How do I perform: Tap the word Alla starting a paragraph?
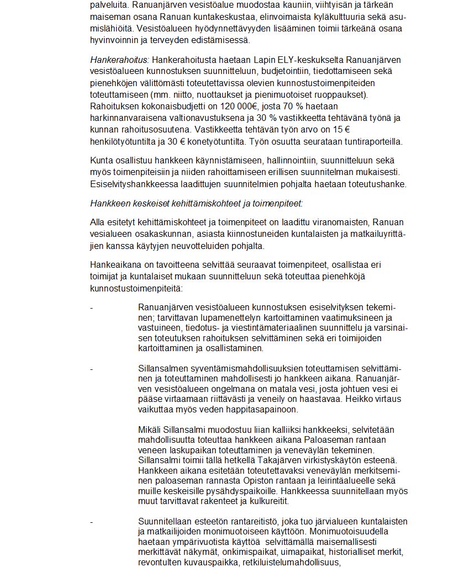[x=98, y=222]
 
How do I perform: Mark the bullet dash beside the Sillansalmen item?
[x=92, y=368]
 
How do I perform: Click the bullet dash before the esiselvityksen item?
[x=92, y=307]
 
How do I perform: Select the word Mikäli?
[x=150, y=430]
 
